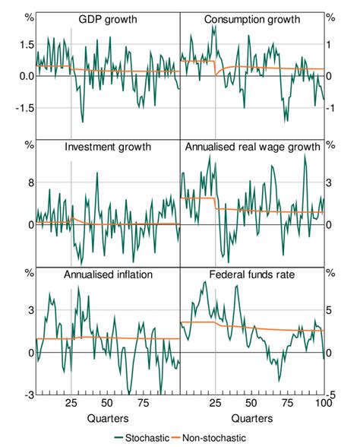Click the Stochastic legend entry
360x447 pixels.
coord(142,438)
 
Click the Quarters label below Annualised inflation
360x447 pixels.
coord(107,418)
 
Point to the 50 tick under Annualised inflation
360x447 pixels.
coord(107,404)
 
